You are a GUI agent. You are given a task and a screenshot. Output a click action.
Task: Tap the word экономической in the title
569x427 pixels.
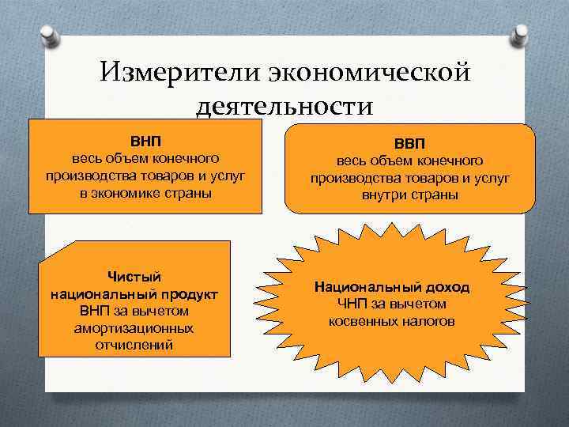(370, 72)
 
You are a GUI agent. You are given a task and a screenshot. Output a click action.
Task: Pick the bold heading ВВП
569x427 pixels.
(409, 144)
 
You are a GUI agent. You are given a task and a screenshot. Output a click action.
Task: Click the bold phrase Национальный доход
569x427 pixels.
(391, 287)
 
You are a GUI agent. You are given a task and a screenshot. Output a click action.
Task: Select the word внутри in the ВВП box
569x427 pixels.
(384, 195)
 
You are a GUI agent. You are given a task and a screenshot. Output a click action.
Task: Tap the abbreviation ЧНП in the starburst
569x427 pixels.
(354, 304)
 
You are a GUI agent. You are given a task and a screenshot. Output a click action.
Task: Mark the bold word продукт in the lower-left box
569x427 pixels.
(187, 293)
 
